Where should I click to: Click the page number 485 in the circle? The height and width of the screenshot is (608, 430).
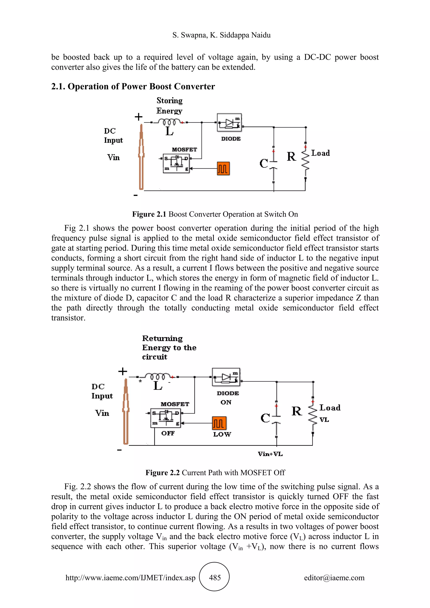tap(215, 577)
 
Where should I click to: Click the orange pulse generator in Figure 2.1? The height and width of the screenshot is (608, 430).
tap(223, 169)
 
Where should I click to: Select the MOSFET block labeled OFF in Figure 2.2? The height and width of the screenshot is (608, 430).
tap(166, 418)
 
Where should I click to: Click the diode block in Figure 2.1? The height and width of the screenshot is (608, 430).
tap(229, 123)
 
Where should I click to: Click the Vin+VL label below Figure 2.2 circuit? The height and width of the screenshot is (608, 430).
tap(270, 454)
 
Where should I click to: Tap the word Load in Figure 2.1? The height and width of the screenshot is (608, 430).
tap(320, 153)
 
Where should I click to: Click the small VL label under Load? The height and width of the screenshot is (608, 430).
tap(324, 419)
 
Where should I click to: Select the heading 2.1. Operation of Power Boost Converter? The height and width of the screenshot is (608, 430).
tap(133, 86)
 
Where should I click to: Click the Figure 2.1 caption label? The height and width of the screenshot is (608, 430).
tap(149, 214)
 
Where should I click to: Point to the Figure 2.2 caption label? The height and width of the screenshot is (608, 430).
tap(163, 472)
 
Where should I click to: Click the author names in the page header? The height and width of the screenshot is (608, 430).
tap(221, 35)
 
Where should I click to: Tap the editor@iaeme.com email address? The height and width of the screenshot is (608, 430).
tap(334, 578)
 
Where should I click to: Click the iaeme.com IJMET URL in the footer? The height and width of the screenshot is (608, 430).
tap(130, 578)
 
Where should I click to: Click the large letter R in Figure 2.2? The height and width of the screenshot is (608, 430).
tap(296, 411)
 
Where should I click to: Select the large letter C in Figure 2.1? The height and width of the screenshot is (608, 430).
tap(264, 163)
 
